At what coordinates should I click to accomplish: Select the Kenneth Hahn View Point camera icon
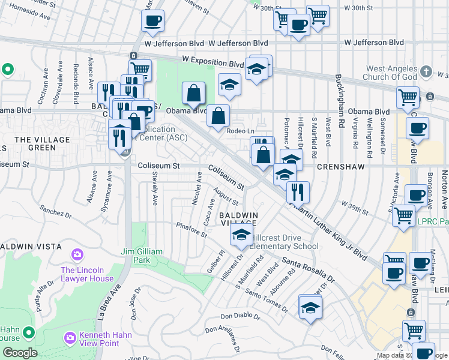pos(70,338)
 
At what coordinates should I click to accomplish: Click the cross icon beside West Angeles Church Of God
pos(426,72)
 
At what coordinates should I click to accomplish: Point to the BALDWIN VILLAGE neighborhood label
pos(238,219)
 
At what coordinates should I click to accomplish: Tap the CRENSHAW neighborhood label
pos(341,166)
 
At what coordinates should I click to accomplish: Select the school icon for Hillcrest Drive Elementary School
pos(241,235)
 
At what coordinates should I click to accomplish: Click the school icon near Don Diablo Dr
pos(310,308)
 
